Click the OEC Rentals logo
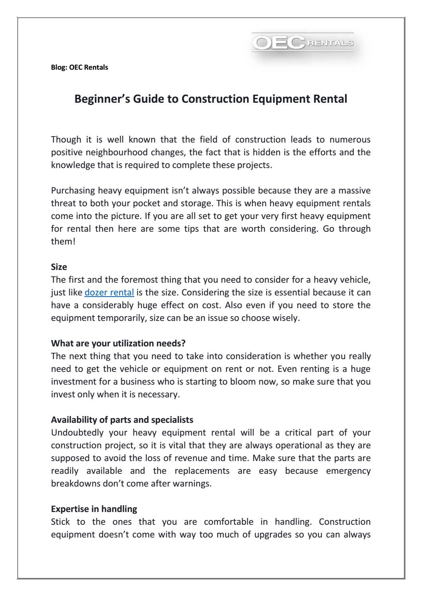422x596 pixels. pos(303,43)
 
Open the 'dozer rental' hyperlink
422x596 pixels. pos(109,293)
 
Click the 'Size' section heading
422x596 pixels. pos(59,267)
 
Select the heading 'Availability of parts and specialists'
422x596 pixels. pos(122,420)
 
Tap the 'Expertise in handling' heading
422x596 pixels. pos(94,509)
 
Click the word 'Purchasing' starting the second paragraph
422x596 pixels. pos(73,191)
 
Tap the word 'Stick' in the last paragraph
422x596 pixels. pos(60,522)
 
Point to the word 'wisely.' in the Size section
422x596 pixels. pos(285,318)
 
